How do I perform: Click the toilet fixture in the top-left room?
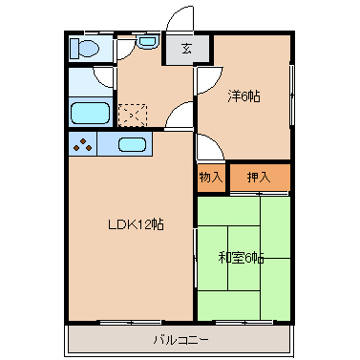(x=84, y=49)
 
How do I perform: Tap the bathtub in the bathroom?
(x=90, y=113)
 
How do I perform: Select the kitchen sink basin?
(x=132, y=144)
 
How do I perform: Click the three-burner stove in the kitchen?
(x=83, y=145)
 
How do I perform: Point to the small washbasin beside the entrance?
(x=147, y=42)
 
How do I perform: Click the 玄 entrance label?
(x=187, y=49)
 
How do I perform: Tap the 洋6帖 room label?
(x=244, y=95)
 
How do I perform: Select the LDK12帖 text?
(x=136, y=224)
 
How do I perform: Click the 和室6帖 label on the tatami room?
(x=241, y=258)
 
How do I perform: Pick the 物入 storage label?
(x=211, y=177)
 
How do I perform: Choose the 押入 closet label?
(x=259, y=177)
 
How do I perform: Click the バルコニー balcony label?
(x=181, y=340)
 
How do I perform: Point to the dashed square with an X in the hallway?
(x=133, y=115)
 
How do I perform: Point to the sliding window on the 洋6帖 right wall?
(x=291, y=95)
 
